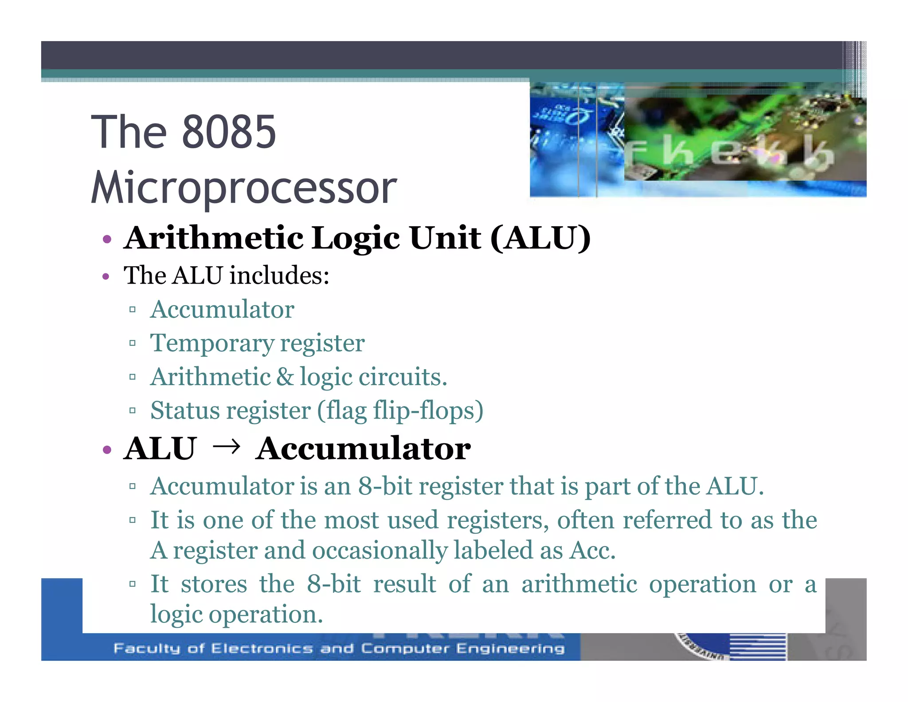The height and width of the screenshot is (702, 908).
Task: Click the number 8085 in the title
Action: point(229,132)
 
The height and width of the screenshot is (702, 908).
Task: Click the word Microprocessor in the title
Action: point(243,188)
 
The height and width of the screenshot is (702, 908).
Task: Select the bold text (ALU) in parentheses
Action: point(540,238)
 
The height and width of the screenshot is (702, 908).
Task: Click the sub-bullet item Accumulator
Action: point(222,309)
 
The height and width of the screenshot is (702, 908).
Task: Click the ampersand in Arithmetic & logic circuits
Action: point(285,377)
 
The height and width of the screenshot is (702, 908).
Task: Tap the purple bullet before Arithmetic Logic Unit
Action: point(106,240)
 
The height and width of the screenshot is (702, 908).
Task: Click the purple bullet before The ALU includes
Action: point(106,277)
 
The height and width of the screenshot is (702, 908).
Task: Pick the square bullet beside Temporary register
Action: point(132,343)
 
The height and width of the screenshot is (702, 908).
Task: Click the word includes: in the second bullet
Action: point(279,276)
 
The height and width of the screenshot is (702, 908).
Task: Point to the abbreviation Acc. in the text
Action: point(592,550)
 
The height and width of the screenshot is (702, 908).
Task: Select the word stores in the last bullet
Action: point(214,584)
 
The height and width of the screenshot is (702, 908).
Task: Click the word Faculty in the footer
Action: point(147,648)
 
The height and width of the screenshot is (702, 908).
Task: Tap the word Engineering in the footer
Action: point(510,648)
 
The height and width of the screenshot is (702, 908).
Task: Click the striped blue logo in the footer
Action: point(757,647)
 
